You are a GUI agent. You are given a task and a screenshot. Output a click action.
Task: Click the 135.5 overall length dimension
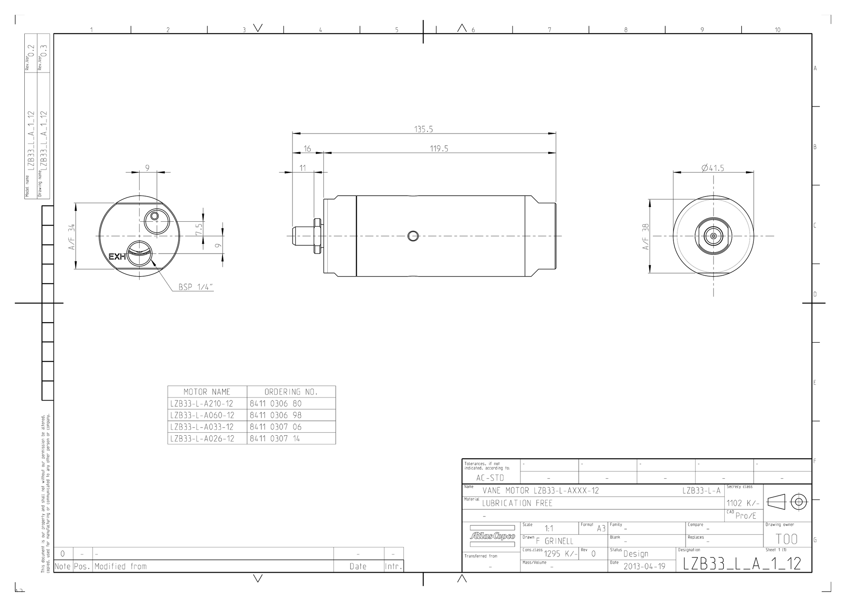click(x=423, y=129)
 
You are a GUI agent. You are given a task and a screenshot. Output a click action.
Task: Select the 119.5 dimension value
click(x=439, y=149)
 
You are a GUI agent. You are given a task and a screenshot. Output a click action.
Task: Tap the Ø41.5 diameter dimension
click(x=713, y=168)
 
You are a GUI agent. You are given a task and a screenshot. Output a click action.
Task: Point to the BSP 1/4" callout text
click(x=196, y=287)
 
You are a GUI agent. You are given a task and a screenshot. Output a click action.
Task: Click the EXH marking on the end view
click(x=117, y=257)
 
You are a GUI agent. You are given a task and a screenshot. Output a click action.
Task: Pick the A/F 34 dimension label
click(x=72, y=237)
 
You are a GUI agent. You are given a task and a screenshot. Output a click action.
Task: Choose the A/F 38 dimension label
click(x=646, y=237)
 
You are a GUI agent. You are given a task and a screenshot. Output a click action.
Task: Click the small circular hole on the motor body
click(x=413, y=236)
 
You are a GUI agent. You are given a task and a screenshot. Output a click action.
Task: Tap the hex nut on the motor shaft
click(x=317, y=236)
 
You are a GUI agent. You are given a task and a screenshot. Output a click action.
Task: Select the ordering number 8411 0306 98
click(x=276, y=415)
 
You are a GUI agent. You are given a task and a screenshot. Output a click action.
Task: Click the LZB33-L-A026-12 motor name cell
click(x=202, y=439)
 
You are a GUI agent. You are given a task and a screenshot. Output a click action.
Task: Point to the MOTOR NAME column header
click(x=207, y=392)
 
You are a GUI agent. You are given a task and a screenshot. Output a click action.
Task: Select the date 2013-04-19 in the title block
click(x=644, y=566)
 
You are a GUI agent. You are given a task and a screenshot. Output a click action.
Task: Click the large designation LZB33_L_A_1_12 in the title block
click(x=742, y=564)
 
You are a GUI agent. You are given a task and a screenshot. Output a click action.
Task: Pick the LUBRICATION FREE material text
click(x=517, y=503)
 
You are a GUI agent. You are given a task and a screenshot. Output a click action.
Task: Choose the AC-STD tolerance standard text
click(x=490, y=478)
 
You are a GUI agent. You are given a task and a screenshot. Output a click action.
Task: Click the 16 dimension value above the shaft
click(x=307, y=149)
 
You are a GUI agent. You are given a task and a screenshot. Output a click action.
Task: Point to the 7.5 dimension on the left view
click(x=199, y=230)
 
